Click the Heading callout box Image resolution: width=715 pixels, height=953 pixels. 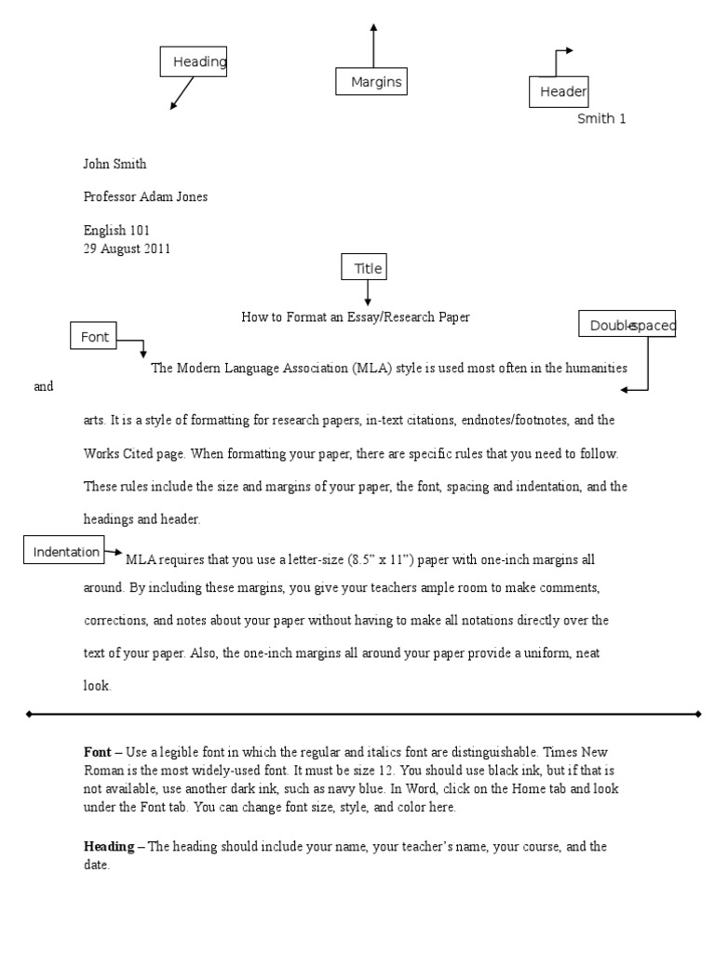193,62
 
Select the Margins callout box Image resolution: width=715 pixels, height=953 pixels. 372,82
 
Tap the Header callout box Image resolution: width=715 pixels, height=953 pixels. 558,91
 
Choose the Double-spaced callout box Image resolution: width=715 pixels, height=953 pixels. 627,324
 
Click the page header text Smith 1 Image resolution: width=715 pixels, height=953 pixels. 601,118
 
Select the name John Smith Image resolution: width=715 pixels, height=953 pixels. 115,165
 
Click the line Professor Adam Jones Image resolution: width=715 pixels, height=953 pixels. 146,196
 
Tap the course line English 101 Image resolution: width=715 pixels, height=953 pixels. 116,230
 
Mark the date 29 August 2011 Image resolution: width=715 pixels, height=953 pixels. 127,248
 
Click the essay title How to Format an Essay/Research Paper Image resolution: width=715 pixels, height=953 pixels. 356,317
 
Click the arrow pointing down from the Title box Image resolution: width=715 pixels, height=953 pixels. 368,293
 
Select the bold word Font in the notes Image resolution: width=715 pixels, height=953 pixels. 97,751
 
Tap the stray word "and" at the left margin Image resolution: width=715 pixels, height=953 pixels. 44,386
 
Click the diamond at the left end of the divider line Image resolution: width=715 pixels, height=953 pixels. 29,714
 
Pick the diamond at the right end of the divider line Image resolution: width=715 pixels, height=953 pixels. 697,714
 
